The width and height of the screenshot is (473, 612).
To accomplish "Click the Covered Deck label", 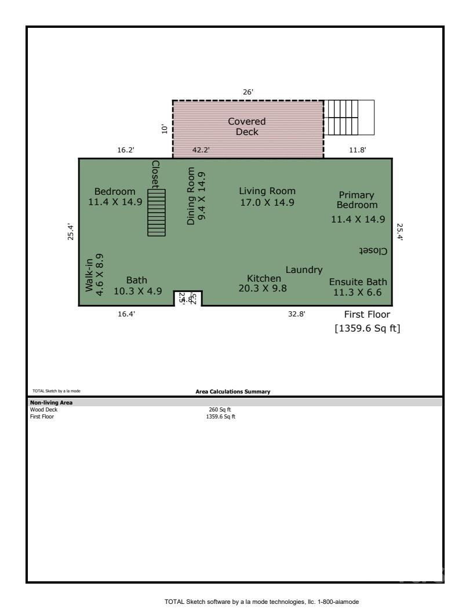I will [x=246, y=126].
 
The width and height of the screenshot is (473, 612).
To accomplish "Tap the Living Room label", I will [x=267, y=196].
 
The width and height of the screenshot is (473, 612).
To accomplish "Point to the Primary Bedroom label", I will [x=357, y=200].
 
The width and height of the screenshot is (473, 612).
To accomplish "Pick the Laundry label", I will [x=304, y=269].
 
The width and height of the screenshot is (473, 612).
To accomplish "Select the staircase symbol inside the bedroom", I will [x=156, y=212].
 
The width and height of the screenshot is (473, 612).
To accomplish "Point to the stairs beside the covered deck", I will [x=349, y=118].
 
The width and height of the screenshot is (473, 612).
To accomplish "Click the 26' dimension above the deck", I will [x=248, y=92].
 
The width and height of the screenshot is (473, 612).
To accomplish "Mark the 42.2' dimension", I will [x=201, y=150].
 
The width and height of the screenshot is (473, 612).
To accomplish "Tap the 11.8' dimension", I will [x=356, y=150].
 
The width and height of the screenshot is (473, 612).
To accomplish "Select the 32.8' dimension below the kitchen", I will [x=296, y=314].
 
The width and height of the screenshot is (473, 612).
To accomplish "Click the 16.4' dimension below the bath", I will [x=126, y=314].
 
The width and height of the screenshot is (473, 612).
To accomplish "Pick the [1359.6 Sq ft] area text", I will [x=368, y=329].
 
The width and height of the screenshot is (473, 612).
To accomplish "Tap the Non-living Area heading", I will [x=51, y=402].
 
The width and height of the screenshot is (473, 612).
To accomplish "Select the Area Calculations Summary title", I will [x=232, y=392].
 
